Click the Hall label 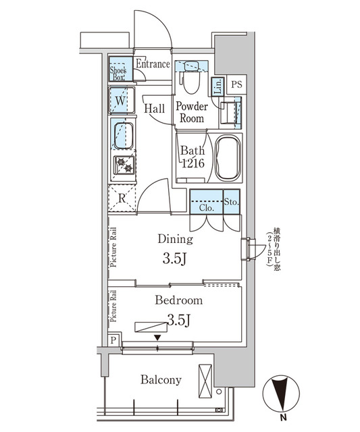point(155,108)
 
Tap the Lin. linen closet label point(217,86)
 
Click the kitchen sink point(122,135)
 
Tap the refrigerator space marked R point(122,198)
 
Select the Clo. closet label point(207,209)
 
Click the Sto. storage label point(230,200)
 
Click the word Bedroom point(178,300)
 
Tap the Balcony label point(161,380)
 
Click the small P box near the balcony point(113,342)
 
